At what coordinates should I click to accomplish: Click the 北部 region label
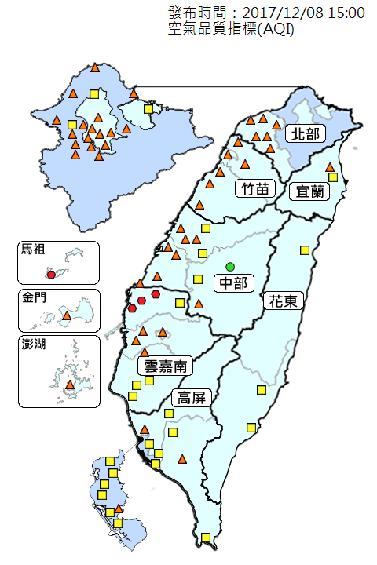305,133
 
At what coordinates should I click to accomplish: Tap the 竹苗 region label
253,188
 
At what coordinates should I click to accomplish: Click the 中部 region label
231,282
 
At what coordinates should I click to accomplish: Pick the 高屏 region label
191,397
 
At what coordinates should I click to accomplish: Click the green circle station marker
230,266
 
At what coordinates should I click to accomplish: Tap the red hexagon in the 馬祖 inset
52,275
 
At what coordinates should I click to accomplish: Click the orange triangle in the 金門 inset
67,316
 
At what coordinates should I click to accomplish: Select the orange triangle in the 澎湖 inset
70,385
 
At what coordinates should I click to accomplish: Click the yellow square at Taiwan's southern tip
206,538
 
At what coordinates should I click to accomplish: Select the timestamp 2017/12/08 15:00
303,13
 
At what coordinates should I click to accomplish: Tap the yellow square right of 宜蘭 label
333,177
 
